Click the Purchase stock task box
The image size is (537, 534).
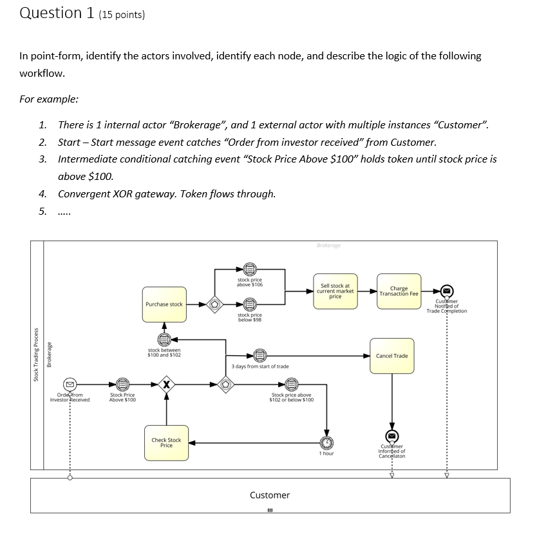point(165,304)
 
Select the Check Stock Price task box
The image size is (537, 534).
point(166,442)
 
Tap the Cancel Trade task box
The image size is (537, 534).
point(391,356)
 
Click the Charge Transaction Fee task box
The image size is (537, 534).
point(399,292)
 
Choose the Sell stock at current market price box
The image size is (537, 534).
point(335,291)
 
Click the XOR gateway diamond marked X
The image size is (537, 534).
point(167,386)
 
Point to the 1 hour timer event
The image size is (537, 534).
point(328,442)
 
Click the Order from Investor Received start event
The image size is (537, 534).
point(70,386)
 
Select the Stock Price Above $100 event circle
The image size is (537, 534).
point(122,386)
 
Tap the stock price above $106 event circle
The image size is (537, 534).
point(250,270)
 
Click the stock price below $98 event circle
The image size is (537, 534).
point(250,303)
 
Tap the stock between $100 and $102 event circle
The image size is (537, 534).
point(164,339)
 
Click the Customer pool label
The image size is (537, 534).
point(270,495)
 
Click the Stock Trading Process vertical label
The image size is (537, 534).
point(37,355)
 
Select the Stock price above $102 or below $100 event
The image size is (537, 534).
point(292,385)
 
